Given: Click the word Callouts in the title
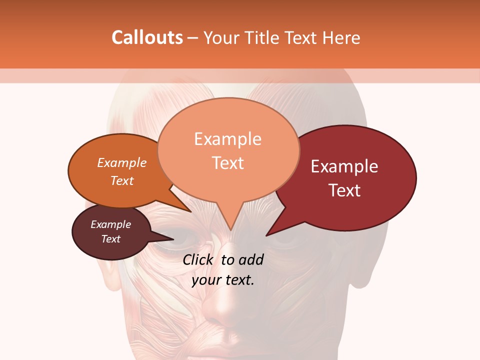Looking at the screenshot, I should (x=147, y=37).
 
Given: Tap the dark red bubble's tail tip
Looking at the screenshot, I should (x=266, y=235).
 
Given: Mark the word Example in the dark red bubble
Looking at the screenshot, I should (x=344, y=166).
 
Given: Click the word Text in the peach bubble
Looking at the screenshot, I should (x=228, y=163).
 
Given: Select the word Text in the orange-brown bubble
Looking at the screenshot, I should (x=122, y=180).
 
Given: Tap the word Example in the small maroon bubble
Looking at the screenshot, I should (x=110, y=224).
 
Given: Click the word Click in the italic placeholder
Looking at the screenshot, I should (x=198, y=259).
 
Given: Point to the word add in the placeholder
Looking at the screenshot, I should (x=250, y=259).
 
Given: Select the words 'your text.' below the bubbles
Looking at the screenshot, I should (x=223, y=280).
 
